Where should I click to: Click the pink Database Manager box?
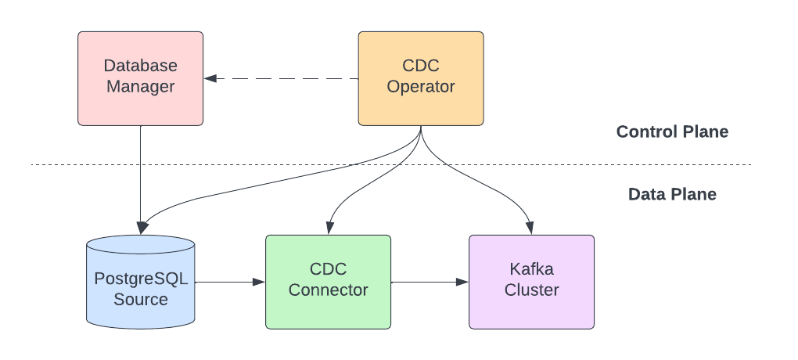coord(141,78)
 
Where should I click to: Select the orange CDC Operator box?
coord(421,78)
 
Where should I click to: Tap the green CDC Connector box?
coord(328,281)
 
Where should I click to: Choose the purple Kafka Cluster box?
coord(531,281)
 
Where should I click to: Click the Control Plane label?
coord(672,131)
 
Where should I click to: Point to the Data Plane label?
coord(672,194)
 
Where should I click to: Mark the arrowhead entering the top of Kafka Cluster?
coord(530,229)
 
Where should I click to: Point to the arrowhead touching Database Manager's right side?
coord(210,78)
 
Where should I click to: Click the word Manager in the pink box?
coord(141,87)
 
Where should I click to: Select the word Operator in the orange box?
coord(421,87)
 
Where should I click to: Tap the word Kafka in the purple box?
coord(531,270)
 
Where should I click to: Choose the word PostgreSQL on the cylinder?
coord(141,279)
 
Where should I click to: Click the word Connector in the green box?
coord(328,290)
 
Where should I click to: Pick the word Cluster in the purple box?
coord(531,290)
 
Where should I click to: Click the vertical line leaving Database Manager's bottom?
coord(141,172)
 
